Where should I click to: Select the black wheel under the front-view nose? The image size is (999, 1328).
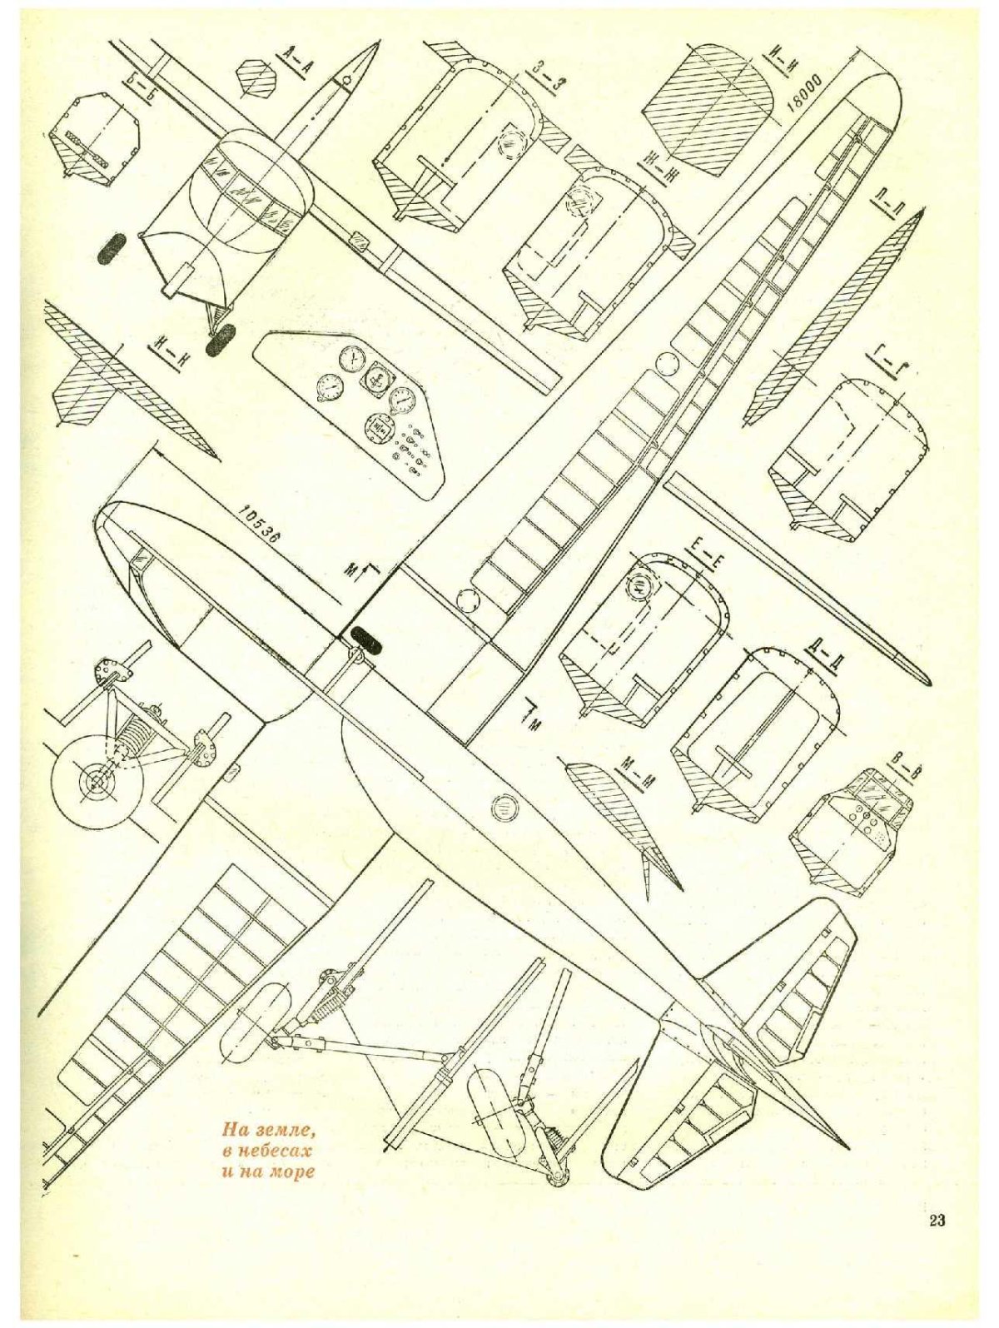click(x=221, y=341)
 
